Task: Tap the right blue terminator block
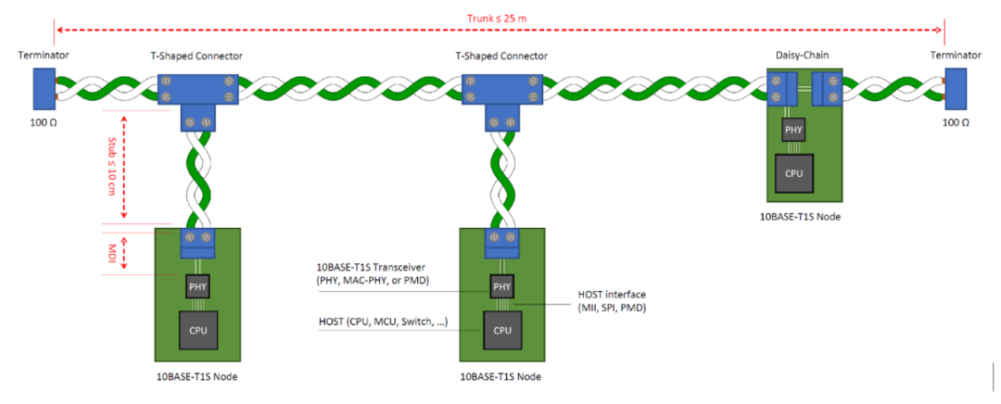(x=956, y=89)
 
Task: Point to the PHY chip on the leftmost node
(x=197, y=286)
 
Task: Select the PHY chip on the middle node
(x=501, y=286)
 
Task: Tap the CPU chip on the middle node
(x=501, y=329)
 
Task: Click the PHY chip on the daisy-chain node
(x=794, y=131)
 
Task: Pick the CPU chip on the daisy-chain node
(x=794, y=172)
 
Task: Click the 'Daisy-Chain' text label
(x=802, y=56)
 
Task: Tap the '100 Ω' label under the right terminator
(x=956, y=122)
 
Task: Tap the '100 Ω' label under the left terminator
(x=44, y=122)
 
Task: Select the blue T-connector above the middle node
(x=501, y=97)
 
